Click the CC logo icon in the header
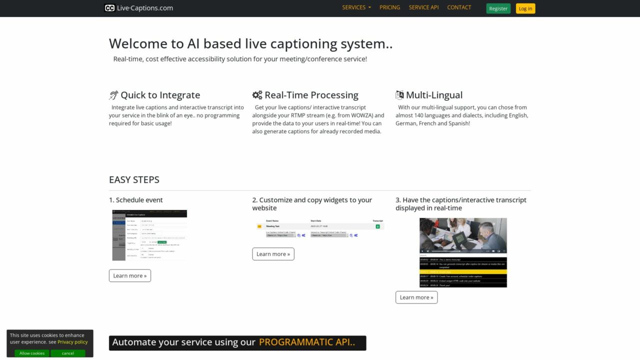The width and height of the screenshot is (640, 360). (109, 8)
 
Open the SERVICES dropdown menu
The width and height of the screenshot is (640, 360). (356, 7)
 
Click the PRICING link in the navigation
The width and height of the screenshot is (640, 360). (389, 7)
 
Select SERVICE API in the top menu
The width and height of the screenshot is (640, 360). (423, 7)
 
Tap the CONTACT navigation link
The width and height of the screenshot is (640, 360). (459, 7)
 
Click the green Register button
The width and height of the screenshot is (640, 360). (498, 8)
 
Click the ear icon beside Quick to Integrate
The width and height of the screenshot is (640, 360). (113, 95)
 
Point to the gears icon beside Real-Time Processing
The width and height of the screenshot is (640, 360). (257, 95)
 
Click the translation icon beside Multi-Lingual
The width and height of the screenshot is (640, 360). (399, 95)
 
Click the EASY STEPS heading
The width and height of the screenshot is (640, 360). (134, 179)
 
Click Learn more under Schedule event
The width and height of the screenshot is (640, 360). (129, 275)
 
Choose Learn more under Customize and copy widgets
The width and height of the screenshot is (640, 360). (273, 254)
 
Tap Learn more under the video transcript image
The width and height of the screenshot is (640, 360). (416, 297)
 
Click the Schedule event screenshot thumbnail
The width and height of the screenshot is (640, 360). (149, 235)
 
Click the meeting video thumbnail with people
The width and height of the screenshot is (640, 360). (463, 235)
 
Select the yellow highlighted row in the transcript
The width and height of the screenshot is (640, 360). (463, 271)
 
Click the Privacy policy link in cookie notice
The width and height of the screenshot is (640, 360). (72, 342)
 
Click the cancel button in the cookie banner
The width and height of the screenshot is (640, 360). (68, 353)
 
